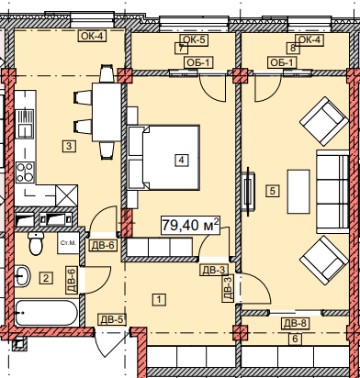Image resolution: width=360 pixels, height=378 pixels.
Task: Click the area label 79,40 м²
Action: pos(190,226)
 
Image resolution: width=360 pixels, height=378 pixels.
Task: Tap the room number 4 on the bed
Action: pos(182,160)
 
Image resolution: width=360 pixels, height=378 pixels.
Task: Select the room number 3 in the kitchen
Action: pos(69,146)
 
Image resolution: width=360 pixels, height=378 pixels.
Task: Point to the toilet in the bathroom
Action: pos(36,243)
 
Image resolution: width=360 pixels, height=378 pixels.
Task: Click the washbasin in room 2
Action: pos(22,275)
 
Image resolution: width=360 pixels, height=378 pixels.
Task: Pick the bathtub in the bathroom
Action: pos(46,313)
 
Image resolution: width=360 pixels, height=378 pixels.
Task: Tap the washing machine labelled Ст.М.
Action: pos(68,243)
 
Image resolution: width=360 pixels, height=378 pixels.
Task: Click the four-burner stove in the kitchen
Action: pos(25,172)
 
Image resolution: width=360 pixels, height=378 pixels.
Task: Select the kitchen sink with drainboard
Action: pos(25,124)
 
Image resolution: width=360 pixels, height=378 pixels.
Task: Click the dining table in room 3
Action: pos(107,112)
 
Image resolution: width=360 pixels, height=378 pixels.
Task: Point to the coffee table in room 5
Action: pos(298,192)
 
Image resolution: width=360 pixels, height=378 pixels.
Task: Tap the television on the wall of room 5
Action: pos(248,189)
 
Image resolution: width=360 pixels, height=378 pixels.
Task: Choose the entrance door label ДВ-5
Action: pos(111,320)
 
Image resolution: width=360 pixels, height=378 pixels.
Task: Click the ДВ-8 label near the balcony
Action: pos(295,323)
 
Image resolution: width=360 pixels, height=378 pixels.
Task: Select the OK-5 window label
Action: pos(195,40)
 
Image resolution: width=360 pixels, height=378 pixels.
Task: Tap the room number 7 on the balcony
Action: pos(181,49)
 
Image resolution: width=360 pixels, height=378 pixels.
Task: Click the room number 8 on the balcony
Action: pos(293,49)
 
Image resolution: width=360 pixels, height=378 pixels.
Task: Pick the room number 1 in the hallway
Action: pos(159,299)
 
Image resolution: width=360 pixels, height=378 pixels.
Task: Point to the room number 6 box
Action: pos(295,339)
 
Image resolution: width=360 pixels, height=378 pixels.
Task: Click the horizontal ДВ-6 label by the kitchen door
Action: pos(103,245)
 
